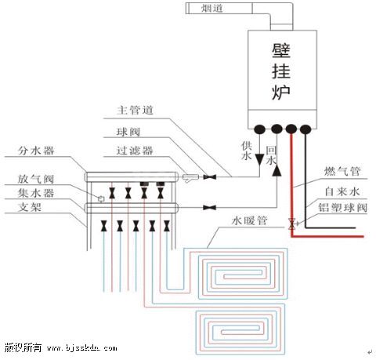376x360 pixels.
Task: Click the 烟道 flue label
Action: (x=212, y=8)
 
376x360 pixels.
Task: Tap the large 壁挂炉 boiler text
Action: (x=281, y=71)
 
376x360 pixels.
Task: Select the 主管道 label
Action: (x=135, y=110)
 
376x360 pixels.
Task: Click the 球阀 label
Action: (x=128, y=132)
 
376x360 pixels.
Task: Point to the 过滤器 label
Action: (x=135, y=151)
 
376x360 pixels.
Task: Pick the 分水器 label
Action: (x=36, y=151)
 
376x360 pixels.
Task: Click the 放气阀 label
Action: (x=36, y=179)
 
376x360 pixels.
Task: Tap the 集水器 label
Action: (x=36, y=193)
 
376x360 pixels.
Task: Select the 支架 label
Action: (x=30, y=207)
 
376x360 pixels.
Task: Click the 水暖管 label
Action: (x=250, y=221)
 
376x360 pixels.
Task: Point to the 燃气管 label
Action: (x=342, y=171)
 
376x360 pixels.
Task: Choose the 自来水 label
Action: (x=342, y=191)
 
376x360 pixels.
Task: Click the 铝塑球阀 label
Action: (x=342, y=208)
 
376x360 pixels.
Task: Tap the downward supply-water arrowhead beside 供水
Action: (x=259, y=160)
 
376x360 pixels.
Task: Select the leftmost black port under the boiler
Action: (x=259, y=129)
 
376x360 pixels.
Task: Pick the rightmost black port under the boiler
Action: (x=305, y=129)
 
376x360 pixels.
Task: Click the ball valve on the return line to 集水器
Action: (x=210, y=208)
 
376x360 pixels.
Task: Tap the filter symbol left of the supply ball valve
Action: (x=190, y=178)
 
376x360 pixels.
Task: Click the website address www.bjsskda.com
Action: (x=82, y=348)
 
